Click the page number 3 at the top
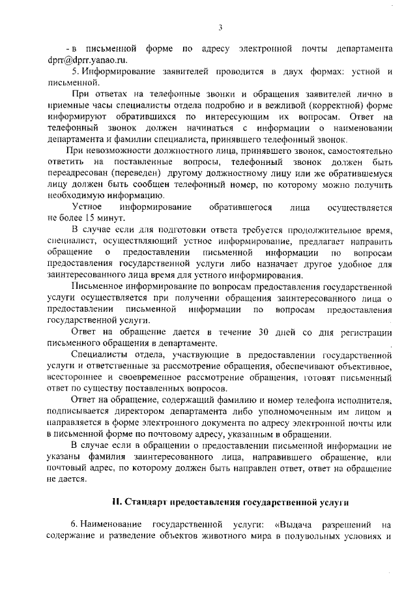[220, 27]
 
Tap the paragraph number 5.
[74, 71]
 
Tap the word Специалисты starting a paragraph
[101, 355]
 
